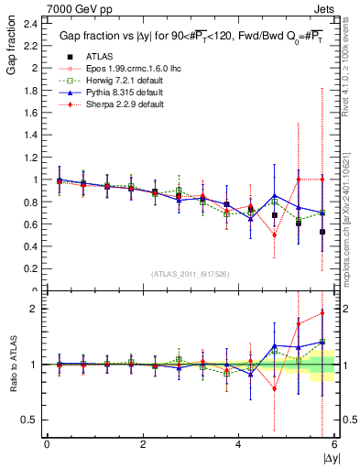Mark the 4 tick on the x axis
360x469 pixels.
238,444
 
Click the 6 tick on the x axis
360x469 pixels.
333,444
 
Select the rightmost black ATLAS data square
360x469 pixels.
322,232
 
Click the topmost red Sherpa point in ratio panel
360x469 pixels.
322,313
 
